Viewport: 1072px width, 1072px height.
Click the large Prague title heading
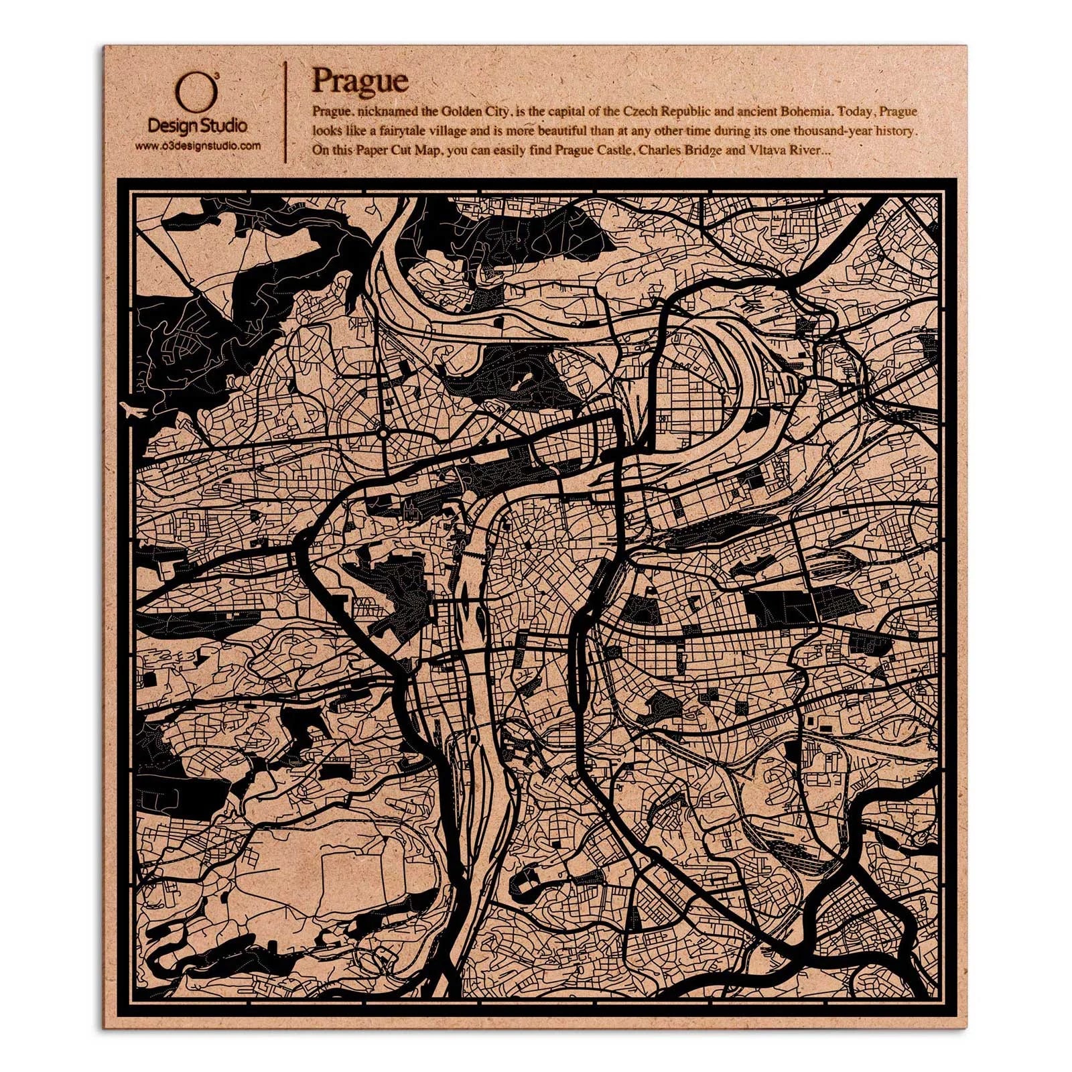click(x=360, y=82)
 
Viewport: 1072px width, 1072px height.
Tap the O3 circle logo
click(x=195, y=94)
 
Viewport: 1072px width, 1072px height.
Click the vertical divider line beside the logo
click(x=287, y=111)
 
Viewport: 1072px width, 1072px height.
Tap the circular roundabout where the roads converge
click(x=382, y=433)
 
